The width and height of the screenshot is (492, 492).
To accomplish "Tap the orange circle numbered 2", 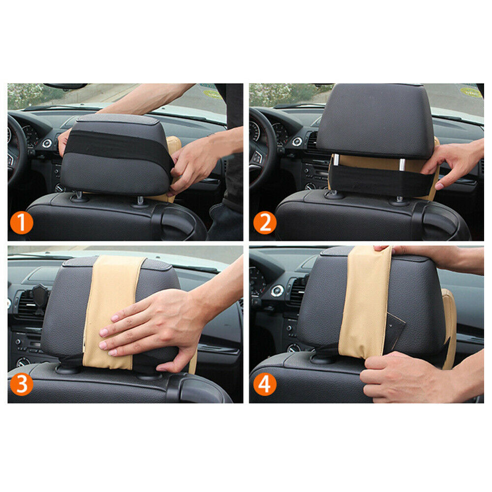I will tap(265, 224).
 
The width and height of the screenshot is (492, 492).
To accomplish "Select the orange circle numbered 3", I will tap(21, 385).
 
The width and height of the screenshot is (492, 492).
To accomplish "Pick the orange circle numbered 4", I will tap(265, 385).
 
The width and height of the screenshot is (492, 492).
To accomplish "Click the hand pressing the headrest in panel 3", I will tap(148, 330).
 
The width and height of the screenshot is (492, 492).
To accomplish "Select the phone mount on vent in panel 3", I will tap(40, 298).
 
